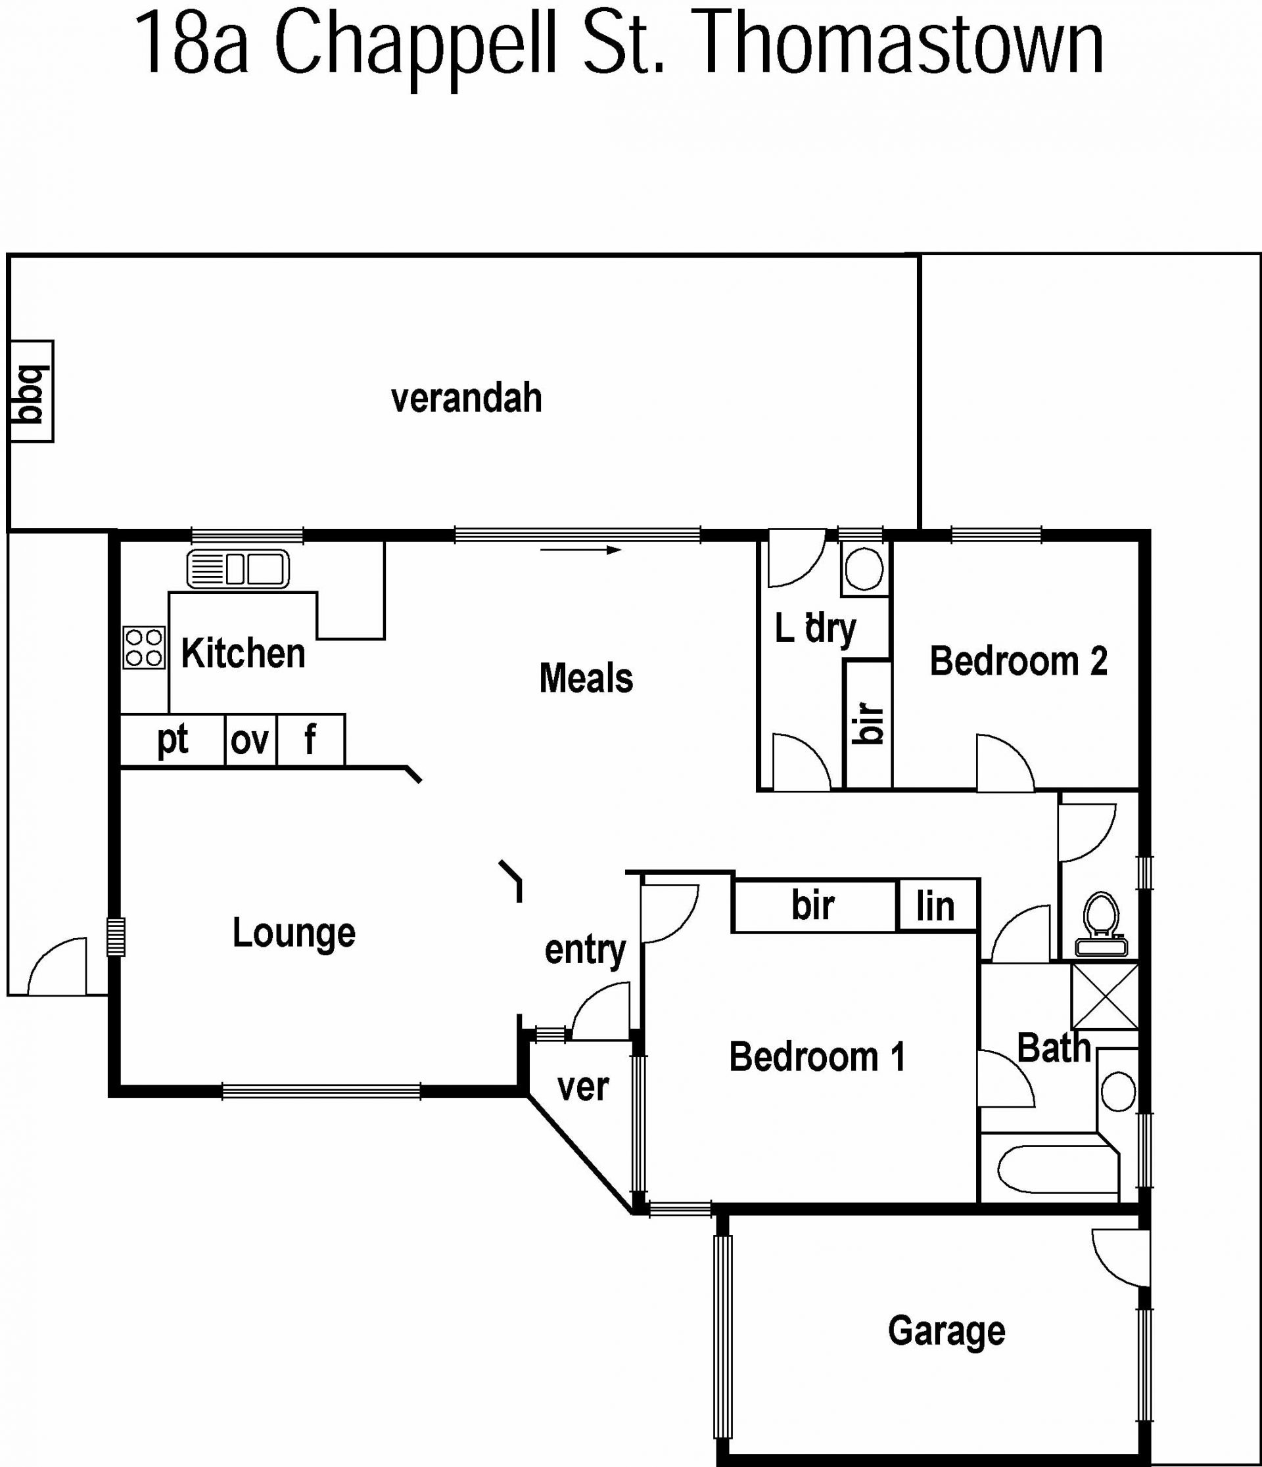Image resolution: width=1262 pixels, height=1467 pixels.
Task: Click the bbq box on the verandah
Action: pos(32,392)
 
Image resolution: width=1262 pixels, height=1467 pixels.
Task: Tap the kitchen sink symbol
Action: pos(238,568)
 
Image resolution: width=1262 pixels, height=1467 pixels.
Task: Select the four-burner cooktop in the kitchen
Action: pos(145,648)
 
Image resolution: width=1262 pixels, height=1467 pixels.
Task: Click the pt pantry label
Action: pos(173,740)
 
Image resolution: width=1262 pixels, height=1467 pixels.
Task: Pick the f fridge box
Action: pos(311,740)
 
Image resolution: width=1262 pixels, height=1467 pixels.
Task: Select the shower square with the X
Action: pos(1105,996)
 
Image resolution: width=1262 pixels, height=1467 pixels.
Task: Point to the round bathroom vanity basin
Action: pos(1118,1091)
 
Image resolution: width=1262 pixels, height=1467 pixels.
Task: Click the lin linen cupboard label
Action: pos(935,906)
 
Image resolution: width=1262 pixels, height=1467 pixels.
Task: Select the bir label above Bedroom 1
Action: pos(813,905)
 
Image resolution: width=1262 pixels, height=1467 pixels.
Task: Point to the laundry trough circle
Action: pos(864,568)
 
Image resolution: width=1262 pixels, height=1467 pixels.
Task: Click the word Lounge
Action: pos(294,932)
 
